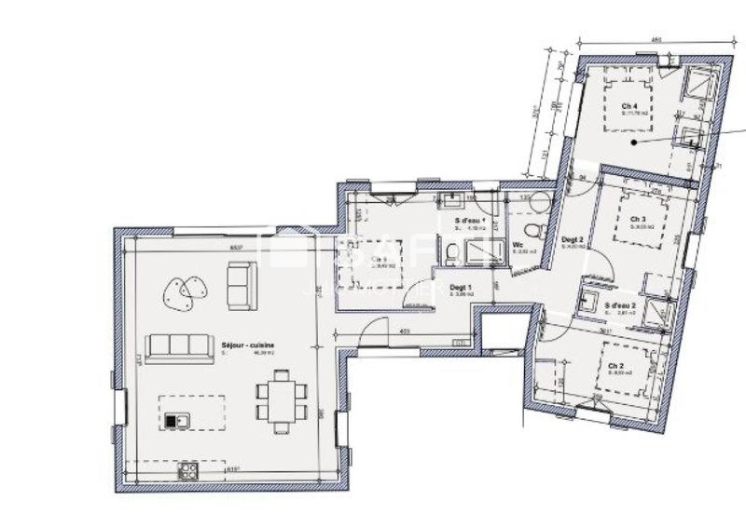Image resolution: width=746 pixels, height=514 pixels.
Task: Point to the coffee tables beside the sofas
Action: [x=181, y=294]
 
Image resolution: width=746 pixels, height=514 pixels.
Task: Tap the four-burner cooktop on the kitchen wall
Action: [x=188, y=469]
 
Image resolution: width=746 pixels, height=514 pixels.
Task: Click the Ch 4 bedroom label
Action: [x=629, y=106]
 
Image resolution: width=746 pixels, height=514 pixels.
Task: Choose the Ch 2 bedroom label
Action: [x=615, y=366]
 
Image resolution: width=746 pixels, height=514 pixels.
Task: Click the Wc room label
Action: [x=518, y=246]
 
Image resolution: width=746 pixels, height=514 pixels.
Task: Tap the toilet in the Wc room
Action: [x=532, y=229]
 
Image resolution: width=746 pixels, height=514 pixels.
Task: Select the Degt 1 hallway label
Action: [x=461, y=288]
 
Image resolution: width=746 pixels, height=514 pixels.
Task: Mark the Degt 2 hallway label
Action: [x=572, y=241]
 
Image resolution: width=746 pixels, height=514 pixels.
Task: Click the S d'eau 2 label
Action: [x=620, y=306]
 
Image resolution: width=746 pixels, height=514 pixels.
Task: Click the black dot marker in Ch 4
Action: [x=633, y=143]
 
